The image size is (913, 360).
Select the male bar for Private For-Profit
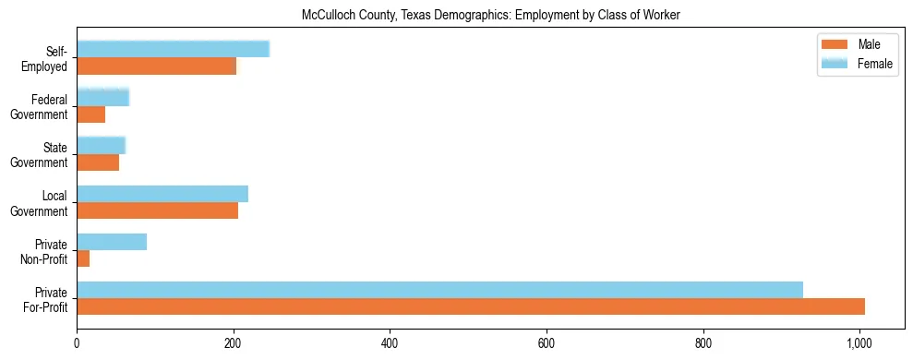click(471, 306)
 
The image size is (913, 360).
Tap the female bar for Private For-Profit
click(439, 290)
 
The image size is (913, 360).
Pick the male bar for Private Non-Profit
click(83, 258)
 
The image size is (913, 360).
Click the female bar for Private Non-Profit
click(112, 242)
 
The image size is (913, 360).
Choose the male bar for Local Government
click(157, 210)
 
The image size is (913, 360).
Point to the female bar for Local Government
click(162, 194)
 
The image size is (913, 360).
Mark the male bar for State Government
click(98, 162)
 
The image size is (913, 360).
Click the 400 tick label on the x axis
click(390, 343)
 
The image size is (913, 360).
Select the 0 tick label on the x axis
click(77, 343)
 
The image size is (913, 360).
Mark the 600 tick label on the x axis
click(547, 343)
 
